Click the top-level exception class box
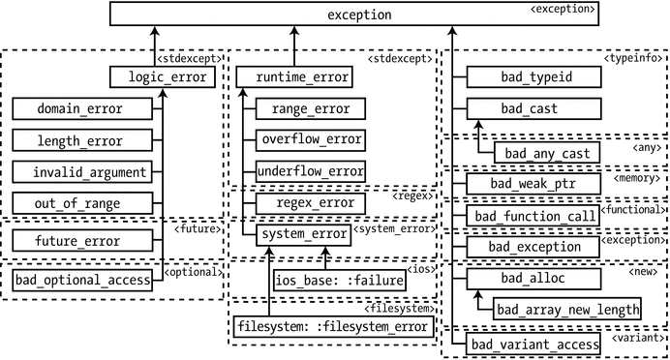359,15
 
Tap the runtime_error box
290,75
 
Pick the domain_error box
81,108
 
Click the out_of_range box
81,203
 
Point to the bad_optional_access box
84,281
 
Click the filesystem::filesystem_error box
332,326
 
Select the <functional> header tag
634,208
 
